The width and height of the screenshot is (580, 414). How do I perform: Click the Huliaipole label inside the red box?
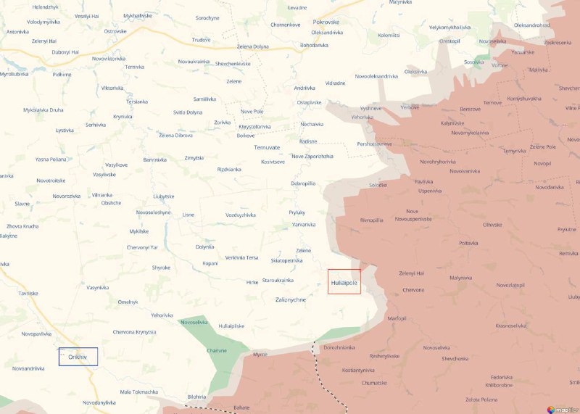click(x=344, y=282)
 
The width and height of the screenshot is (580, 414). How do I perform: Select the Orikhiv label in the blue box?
click(x=78, y=357)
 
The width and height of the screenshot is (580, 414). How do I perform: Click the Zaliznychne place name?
click(x=291, y=299)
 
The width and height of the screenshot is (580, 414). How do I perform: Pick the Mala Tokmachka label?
click(x=138, y=392)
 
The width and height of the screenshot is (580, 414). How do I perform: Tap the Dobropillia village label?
click(x=303, y=183)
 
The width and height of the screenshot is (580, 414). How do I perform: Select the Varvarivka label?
click(x=303, y=225)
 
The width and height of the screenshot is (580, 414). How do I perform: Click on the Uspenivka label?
click(x=430, y=191)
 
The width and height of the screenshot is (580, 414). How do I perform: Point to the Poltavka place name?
click(x=469, y=244)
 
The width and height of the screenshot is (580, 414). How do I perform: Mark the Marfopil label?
click(x=397, y=318)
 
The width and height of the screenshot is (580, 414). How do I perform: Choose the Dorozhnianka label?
click(x=339, y=348)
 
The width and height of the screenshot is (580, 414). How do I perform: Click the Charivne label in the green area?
click(x=217, y=350)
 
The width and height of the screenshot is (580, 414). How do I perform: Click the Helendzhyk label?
click(x=46, y=7)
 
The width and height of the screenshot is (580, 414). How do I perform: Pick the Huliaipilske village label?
click(x=231, y=326)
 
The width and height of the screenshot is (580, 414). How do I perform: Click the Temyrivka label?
click(x=515, y=151)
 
